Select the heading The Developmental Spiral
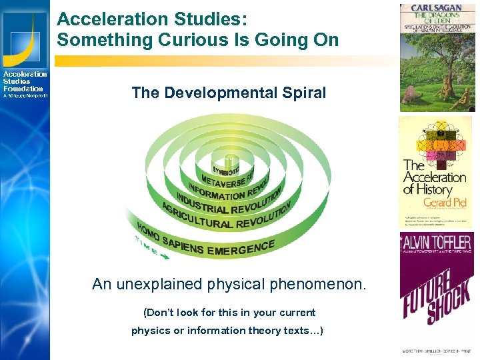pos(229,93)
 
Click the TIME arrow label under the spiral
pos(150,245)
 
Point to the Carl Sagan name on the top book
pos(437,9)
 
